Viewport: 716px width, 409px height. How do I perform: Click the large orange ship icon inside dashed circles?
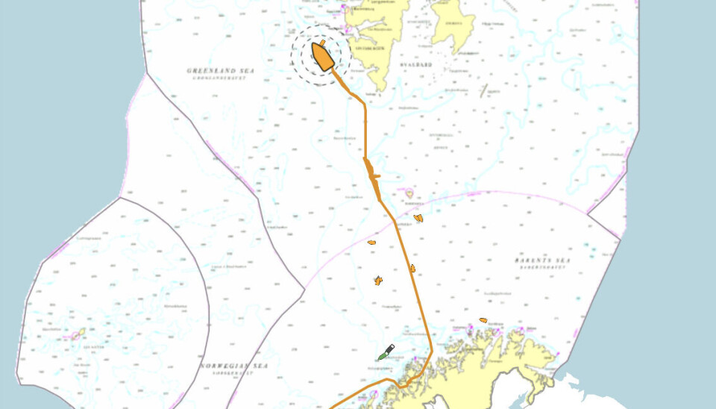click(x=322, y=56)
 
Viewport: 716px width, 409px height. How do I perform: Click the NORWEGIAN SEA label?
click(x=233, y=366)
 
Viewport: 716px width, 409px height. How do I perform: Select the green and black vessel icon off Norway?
click(x=386, y=352)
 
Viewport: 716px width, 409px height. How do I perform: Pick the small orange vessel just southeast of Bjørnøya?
click(x=418, y=218)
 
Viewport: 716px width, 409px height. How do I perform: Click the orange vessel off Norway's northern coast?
click(x=483, y=320)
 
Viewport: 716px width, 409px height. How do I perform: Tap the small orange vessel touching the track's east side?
click(x=412, y=268)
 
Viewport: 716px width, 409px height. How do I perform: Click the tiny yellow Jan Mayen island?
click(x=77, y=334)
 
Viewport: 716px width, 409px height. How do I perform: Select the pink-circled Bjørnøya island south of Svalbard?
click(x=409, y=193)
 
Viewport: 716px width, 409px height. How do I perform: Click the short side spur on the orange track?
click(x=375, y=177)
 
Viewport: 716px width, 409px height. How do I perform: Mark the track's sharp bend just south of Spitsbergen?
click(x=365, y=103)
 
